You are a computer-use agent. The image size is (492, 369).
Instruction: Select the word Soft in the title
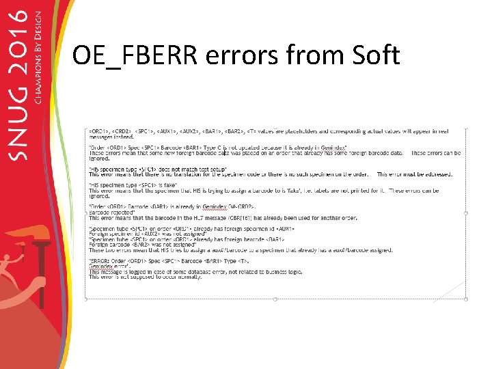tap(372, 55)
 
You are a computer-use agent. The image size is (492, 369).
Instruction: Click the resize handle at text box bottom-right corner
tap(465, 299)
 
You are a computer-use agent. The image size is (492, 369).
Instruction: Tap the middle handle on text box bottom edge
tap(275, 299)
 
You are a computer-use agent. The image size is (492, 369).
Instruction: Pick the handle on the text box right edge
tap(465, 213)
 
